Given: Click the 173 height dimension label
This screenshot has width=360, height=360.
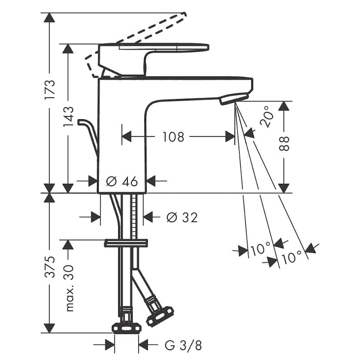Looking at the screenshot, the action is point(50,90).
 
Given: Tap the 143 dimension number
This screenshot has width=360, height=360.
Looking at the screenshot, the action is point(69,117).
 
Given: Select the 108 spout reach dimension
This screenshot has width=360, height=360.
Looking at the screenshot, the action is point(173,137).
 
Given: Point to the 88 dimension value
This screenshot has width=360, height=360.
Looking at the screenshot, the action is point(284,144).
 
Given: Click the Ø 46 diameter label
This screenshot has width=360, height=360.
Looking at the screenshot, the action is point(122,181).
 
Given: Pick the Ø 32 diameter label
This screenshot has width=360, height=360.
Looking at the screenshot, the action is point(182,217).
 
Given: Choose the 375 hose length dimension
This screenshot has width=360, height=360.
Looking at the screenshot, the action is point(50,267).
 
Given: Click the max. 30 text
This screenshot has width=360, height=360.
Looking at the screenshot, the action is point(70,288).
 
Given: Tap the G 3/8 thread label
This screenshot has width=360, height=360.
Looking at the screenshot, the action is point(183,345).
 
